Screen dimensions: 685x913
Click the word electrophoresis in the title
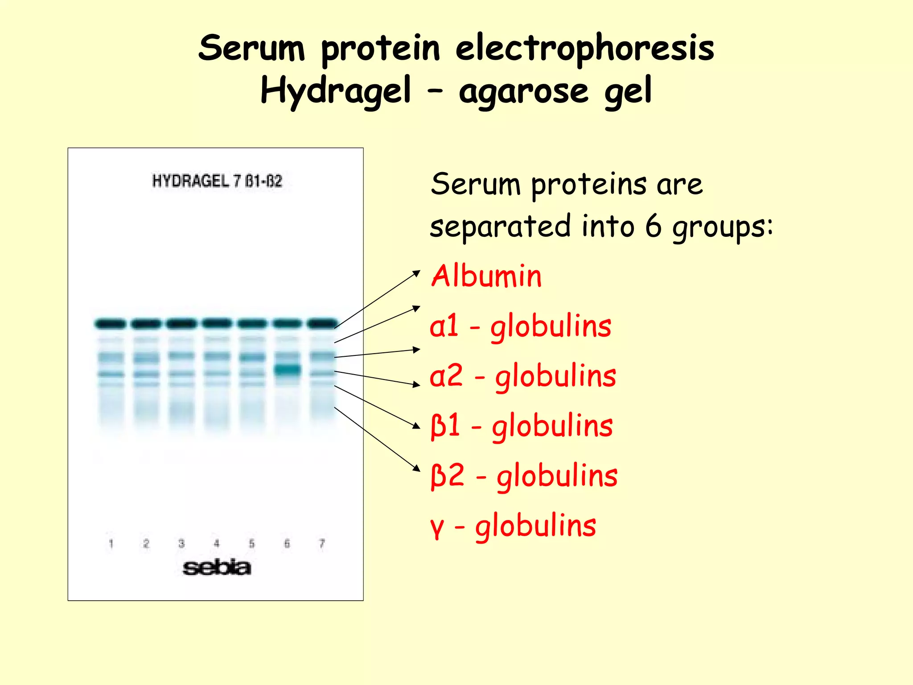[584, 49]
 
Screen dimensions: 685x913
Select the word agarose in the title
[524, 92]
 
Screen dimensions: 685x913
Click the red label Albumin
[486, 276]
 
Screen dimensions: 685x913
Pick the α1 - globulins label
[520, 326]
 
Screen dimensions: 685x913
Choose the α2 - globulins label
[522, 376]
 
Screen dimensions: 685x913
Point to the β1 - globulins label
[521, 426]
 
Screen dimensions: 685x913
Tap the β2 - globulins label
[523, 476]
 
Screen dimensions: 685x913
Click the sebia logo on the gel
[217, 568]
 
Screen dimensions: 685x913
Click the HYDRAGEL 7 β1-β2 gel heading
[217, 181]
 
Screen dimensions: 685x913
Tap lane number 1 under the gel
[111, 544]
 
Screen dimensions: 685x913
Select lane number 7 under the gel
[322, 544]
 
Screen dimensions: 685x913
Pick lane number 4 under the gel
[217, 544]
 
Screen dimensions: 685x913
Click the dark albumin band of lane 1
[110, 324]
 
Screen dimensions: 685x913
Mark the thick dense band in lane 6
[287, 370]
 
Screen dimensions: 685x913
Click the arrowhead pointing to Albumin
[417, 272]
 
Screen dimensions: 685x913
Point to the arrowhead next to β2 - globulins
[417, 468]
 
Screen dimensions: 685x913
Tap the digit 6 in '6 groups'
[654, 226]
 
